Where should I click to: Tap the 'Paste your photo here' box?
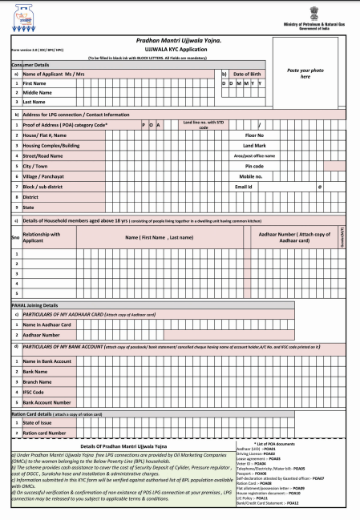tap(305, 75)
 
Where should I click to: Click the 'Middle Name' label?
tap(37, 93)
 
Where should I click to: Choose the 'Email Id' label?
tap(244, 186)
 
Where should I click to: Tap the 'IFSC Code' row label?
tap(34, 392)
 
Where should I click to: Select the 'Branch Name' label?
tap(38, 382)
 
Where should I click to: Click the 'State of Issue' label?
tap(38, 422)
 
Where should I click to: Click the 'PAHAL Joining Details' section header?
tap(34, 305)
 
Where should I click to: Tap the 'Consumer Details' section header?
tap(30, 64)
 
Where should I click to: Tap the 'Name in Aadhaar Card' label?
tap(47, 324)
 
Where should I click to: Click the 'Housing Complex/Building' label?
tap(51, 145)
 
